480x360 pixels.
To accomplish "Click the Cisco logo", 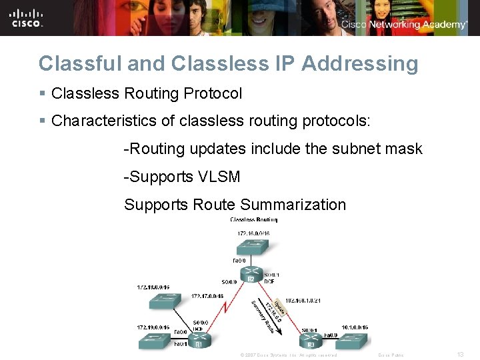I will pos(27,17).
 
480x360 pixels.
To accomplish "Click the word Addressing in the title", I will pos(359,63).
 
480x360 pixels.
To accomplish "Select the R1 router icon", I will pos(197,341).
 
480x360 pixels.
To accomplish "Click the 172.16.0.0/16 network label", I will pos(253,233).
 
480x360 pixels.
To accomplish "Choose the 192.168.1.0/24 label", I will pos(303,301).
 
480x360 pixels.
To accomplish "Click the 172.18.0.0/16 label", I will pos(153,288).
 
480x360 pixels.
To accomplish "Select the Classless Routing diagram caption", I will pos(253,219).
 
